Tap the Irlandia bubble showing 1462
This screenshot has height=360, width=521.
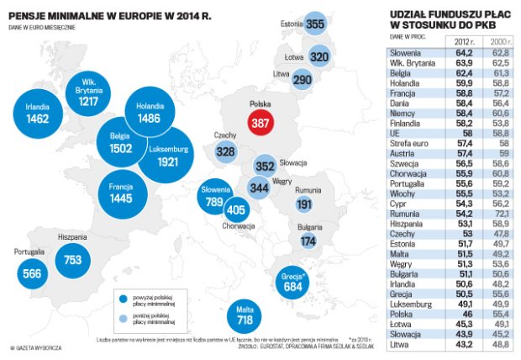pyautogui.click(x=38, y=116)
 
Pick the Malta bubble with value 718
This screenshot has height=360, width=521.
pyautogui.click(x=245, y=315)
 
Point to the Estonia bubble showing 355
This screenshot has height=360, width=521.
pyautogui.click(x=315, y=24)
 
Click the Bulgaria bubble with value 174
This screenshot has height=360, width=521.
pyautogui.click(x=308, y=240)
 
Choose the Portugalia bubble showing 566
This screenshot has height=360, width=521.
pyautogui.click(x=33, y=273)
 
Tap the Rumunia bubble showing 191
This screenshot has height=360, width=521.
pyautogui.click(x=304, y=204)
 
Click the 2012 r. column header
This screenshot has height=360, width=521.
pyautogui.click(x=464, y=40)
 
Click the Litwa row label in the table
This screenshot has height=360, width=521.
pyautogui.click(x=401, y=343)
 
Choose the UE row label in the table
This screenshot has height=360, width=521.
pyautogui.click(x=397, y=134)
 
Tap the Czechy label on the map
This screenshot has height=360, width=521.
pyautogui.click(x=224, y=135)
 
